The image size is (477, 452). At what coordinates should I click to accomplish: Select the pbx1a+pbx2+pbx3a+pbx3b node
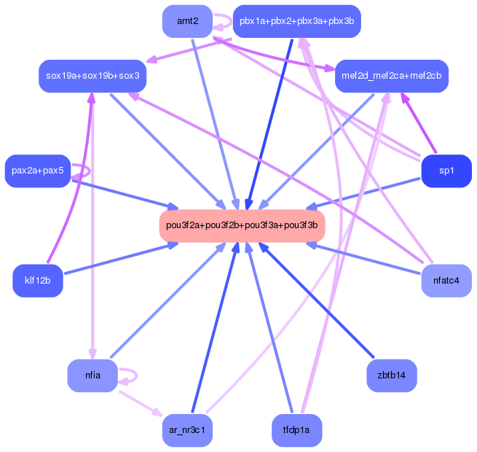click(296, 21)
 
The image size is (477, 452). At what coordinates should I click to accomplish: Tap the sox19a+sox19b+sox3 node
click(93, 76)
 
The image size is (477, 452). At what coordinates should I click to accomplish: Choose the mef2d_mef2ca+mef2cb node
click(392, 76)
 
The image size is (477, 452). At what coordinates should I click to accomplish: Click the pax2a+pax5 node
click(37, 171)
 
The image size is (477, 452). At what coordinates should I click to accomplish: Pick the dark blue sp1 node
click(446, 171)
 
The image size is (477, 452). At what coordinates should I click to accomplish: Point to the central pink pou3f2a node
click(242, 225)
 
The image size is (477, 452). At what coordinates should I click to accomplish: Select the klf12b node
click(38, 281)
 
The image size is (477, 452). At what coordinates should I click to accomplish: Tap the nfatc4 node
click(446, 281)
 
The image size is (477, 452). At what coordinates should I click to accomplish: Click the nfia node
click(92, 375)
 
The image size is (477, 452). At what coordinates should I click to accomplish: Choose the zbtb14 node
click(392, 375)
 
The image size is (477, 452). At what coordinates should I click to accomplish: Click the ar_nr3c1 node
click(187, 430)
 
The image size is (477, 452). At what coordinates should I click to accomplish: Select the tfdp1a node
click(296, 430)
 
